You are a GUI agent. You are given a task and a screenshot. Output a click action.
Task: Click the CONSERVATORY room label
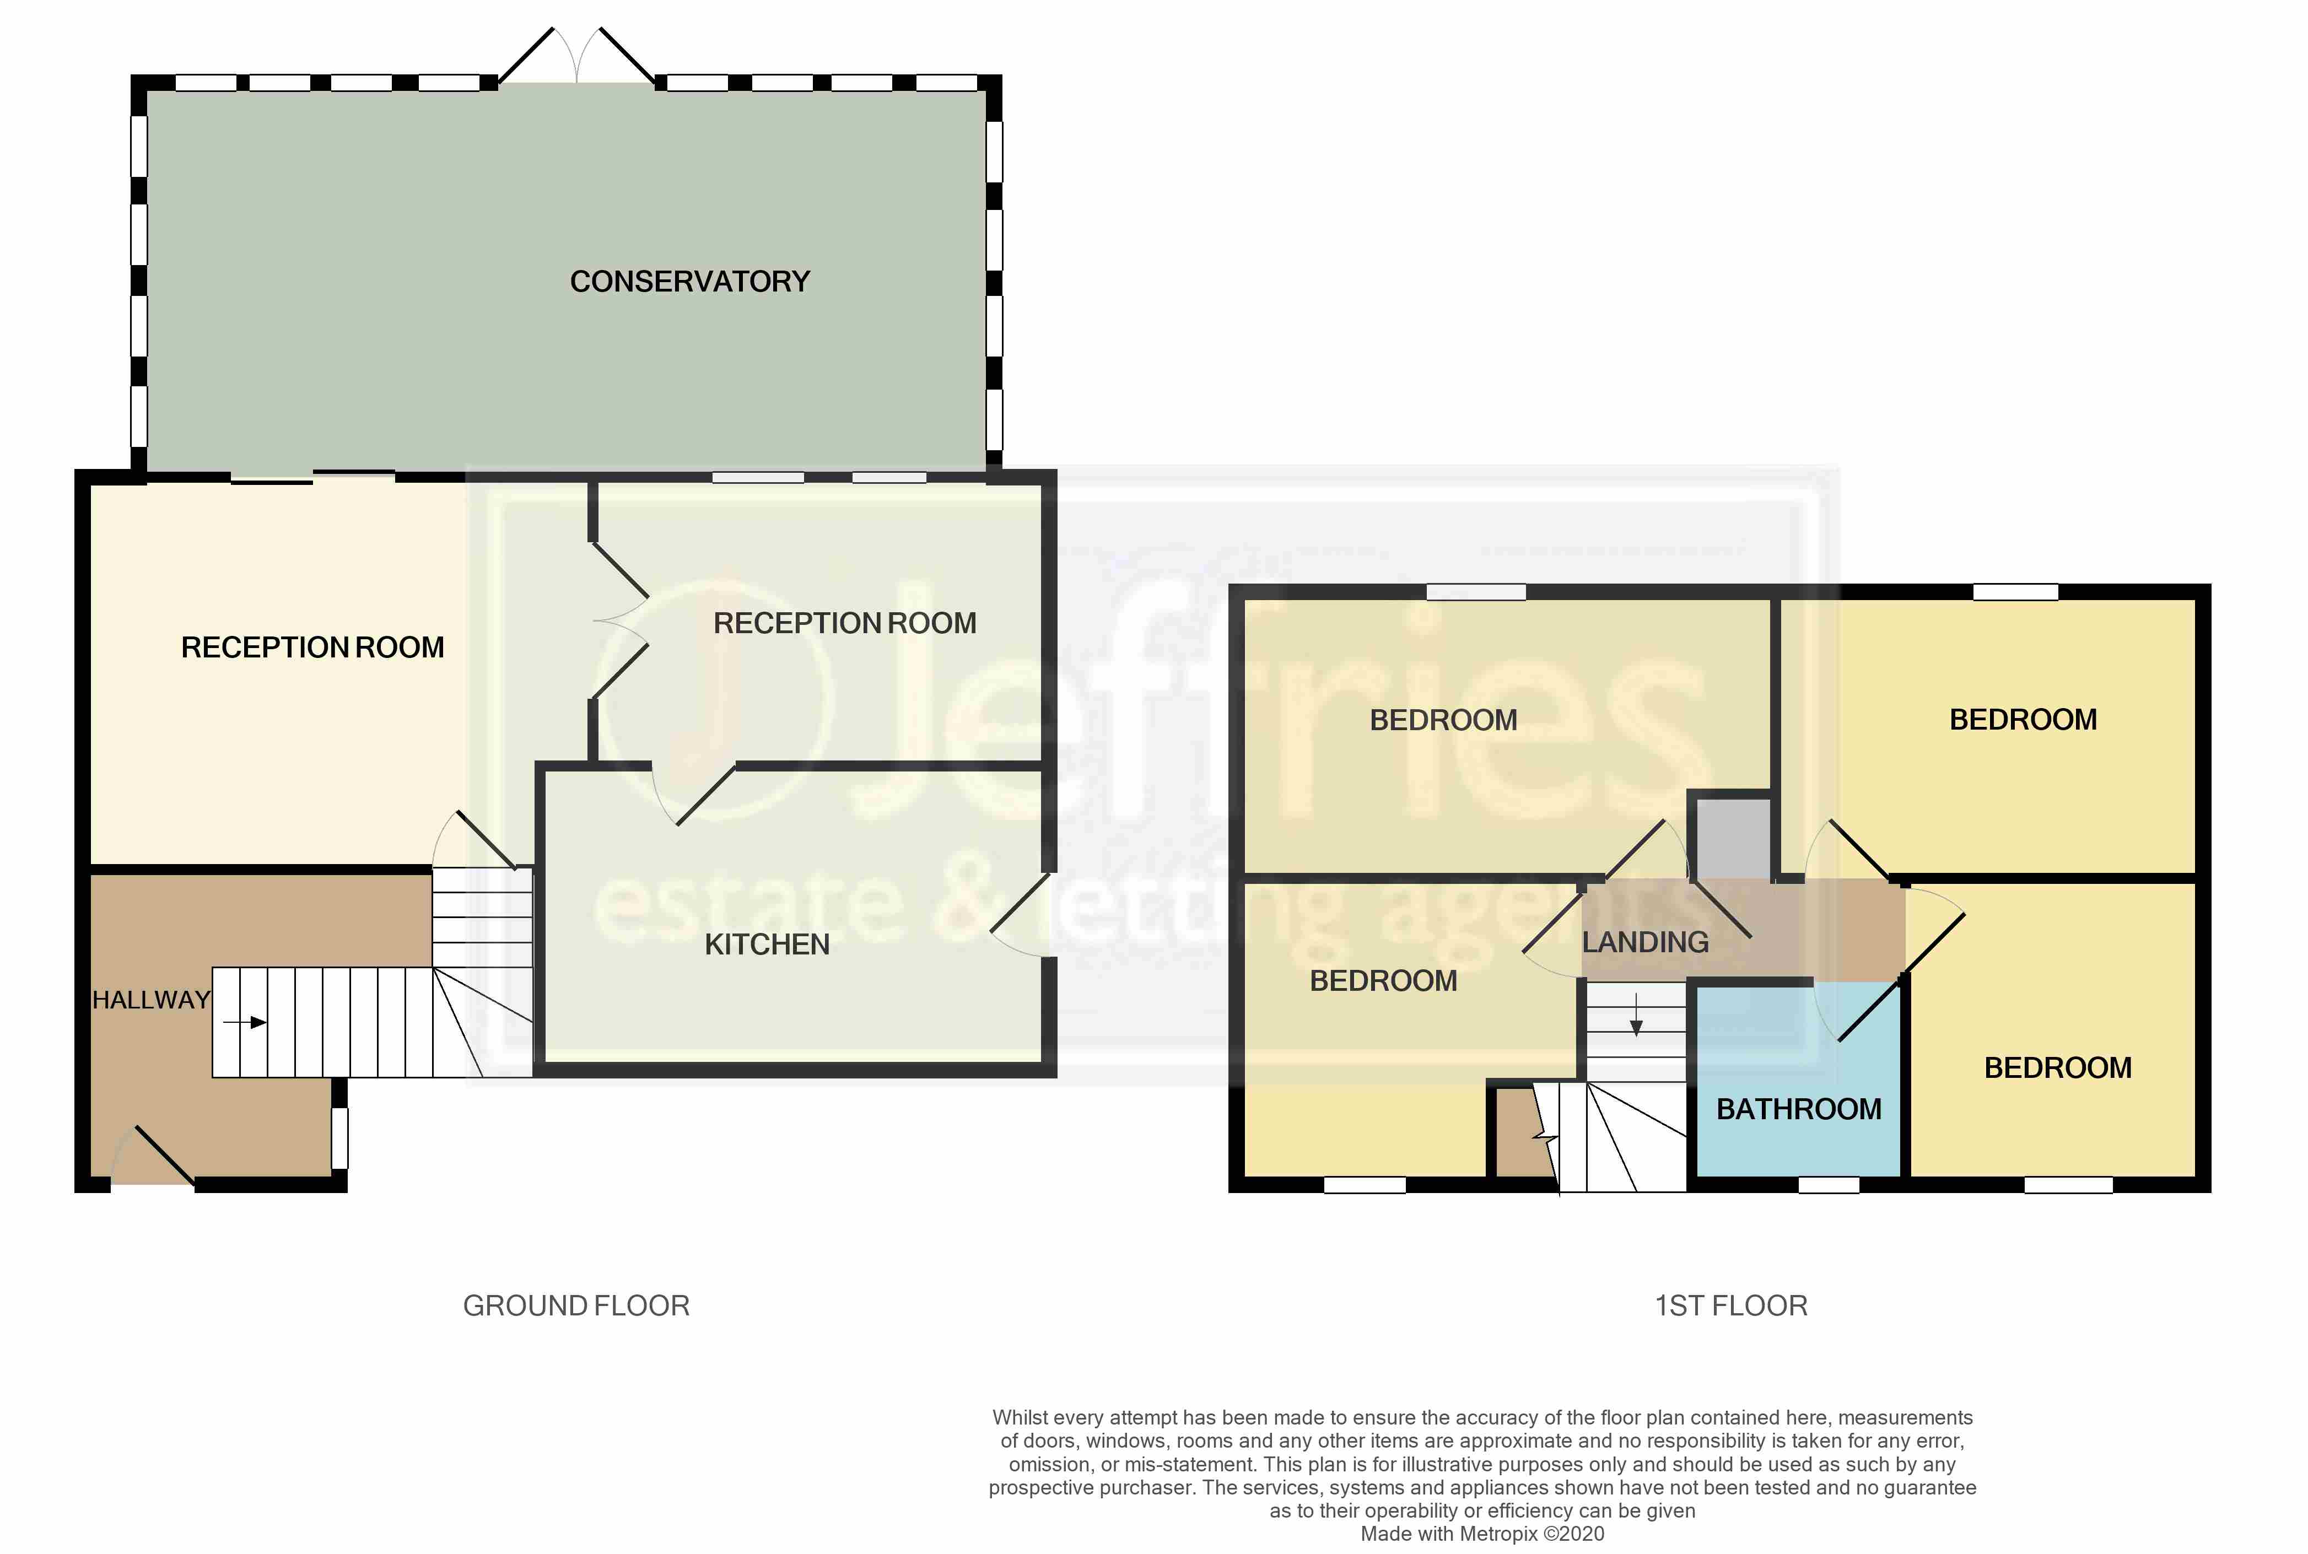690,282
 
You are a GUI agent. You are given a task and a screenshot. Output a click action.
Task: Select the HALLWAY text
150,1000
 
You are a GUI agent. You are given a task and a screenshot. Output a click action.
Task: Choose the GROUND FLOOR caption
576,1305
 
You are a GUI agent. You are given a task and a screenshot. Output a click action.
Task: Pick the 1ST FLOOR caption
1730,1305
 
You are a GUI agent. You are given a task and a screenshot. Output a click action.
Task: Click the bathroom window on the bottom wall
1829,1184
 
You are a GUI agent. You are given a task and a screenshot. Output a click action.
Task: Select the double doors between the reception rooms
619,622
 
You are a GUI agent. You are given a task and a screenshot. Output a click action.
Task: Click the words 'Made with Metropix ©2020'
1481,1533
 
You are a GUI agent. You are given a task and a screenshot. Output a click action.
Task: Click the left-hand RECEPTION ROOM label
312,647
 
